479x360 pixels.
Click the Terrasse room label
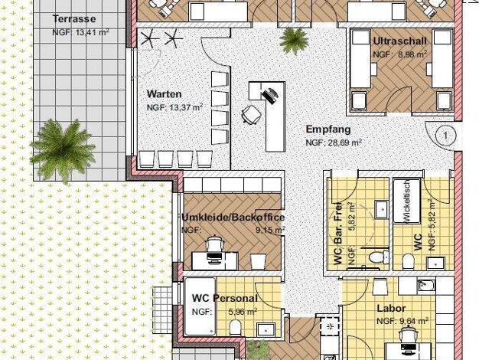coord(74,19)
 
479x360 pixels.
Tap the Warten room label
coord(165,94)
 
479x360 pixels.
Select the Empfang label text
coord(328,129)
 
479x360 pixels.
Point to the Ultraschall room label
coord(400,41)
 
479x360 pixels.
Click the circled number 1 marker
coord(445,135)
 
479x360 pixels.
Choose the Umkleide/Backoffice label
coord(233,218)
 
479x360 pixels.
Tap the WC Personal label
coord(225,298)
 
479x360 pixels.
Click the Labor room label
coord(391,309)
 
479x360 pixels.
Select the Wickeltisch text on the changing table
coord(407,201)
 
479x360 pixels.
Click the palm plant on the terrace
coord(63,150)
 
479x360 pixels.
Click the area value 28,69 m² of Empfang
coord(345,142)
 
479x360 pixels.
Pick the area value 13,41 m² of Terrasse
coord(92,32)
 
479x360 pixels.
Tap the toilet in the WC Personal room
coord(235,327)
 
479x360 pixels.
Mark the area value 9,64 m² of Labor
coord(414,321)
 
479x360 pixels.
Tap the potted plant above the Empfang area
coord(294,41)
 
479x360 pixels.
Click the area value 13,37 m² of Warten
coord(186,108)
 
